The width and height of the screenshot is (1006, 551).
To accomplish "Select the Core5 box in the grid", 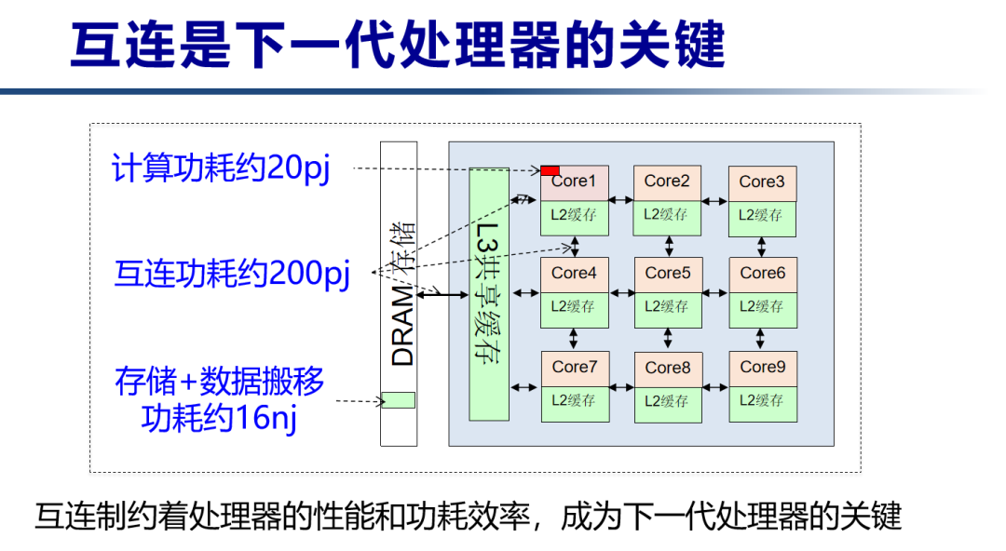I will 668,274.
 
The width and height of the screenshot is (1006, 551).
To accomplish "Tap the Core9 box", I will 763,368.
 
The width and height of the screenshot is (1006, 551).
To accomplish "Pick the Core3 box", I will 763,182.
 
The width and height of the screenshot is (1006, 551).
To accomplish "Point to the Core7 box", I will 575,368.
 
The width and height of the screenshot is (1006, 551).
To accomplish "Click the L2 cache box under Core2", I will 668,215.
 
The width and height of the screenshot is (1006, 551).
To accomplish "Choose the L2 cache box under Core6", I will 763,307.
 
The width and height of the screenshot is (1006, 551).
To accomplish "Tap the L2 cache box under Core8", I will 668,401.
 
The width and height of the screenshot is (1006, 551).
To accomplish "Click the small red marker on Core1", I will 551,170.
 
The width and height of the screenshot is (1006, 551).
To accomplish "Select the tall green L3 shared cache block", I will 489,293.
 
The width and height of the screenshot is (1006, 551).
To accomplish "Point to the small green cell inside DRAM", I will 399,400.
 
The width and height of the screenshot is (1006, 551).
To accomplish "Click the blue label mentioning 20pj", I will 221,169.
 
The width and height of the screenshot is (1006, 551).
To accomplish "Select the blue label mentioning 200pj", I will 232,274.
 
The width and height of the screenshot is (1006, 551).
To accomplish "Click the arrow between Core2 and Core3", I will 715,200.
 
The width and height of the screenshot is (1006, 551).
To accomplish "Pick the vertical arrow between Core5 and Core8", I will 668,338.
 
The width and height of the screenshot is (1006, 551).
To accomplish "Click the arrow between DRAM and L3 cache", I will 443,294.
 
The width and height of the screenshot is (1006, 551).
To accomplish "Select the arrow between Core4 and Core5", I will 621,292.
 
